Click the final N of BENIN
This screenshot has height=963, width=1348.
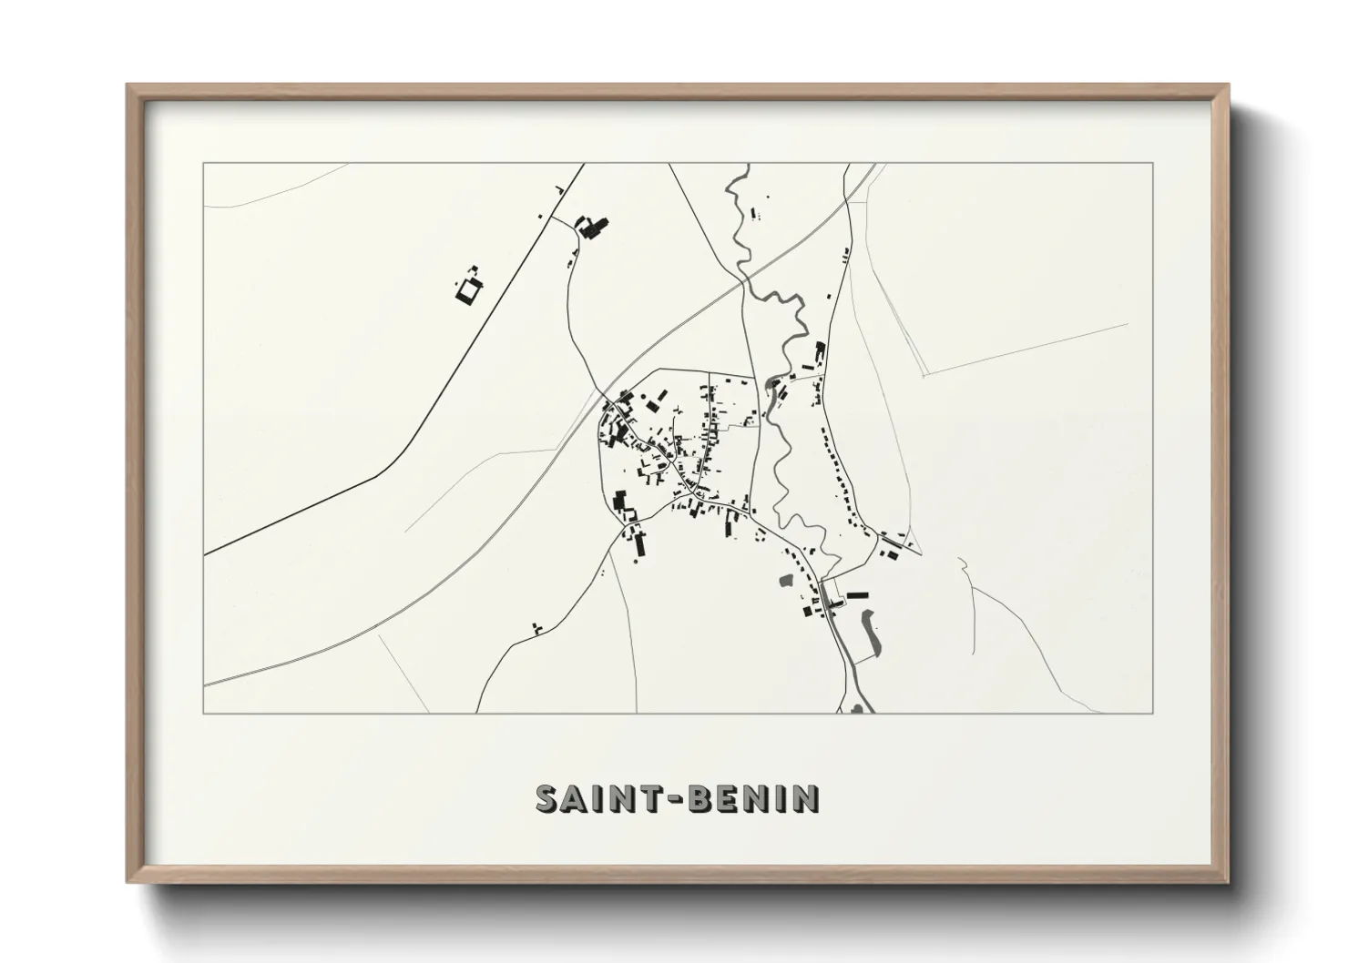805,798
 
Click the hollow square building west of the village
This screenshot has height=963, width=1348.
469,290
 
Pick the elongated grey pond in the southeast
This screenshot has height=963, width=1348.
869,631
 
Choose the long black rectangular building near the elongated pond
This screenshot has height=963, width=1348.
857,595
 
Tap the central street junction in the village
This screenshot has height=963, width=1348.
691,491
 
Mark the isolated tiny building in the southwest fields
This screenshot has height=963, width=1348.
536,627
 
